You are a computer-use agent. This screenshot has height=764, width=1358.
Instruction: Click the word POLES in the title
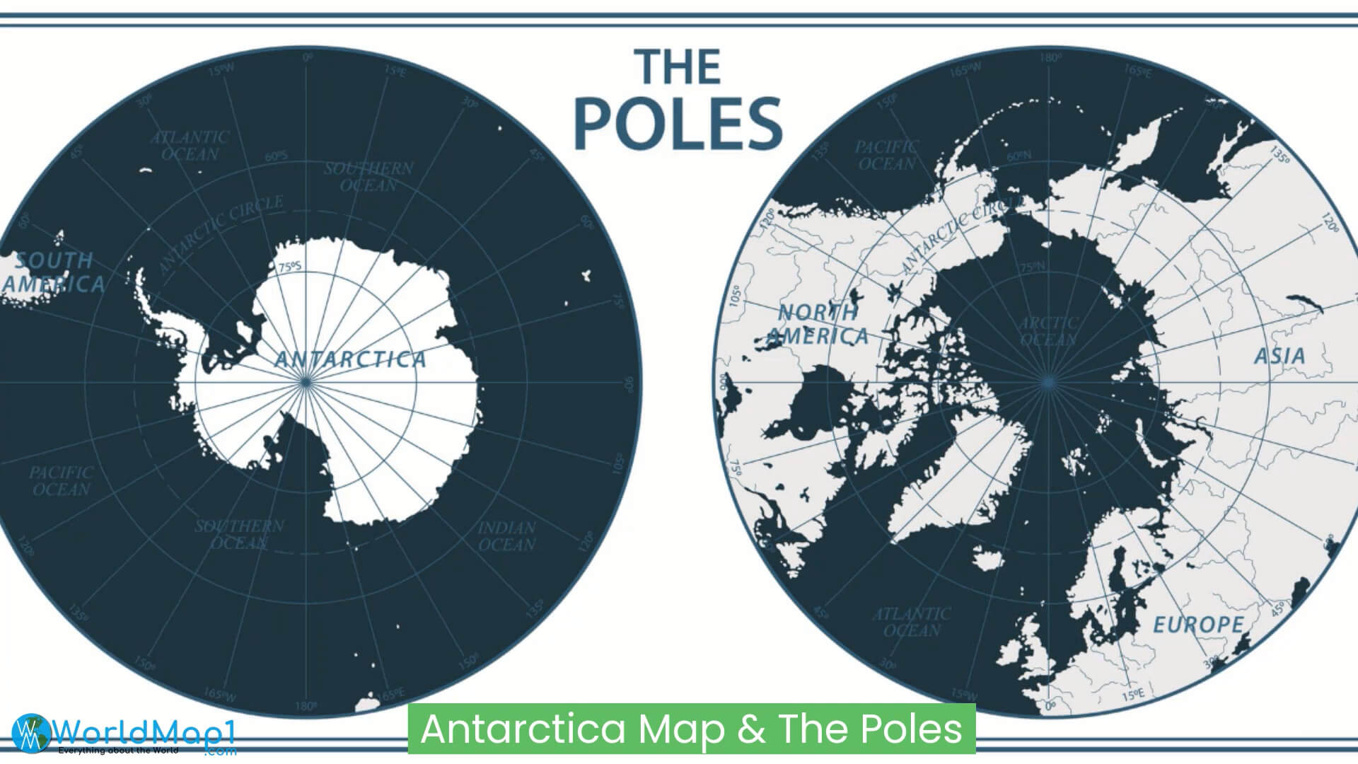[x=678, y=123]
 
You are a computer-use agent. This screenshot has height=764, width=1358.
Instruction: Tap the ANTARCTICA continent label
[x=350, y=359]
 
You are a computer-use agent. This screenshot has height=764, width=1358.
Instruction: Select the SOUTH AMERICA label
[x=54, y=272]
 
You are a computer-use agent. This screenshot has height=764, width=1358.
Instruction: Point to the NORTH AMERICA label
[x=818, y=325]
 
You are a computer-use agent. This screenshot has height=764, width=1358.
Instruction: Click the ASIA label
[x=1279, y=356]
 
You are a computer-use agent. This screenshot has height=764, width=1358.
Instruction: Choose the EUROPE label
[x=1198, y=625]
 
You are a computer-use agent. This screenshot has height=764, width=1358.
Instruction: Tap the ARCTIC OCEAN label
[x=1048, y=332]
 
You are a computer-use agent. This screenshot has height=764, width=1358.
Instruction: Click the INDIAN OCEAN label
[x=506, y=536]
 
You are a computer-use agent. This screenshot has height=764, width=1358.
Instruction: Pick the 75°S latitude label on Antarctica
[x=289, y=268]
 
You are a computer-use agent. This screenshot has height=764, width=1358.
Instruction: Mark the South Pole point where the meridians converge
[x=306, y=382]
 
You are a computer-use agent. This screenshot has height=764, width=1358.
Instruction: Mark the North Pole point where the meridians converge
[x=1047, y=382]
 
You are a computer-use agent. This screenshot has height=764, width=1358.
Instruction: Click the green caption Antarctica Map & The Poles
[x=691, y=729]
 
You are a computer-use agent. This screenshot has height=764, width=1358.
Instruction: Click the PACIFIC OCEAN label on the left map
[x=62, y=480]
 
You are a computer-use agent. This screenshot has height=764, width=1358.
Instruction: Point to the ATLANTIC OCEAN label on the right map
[x=912, y=622]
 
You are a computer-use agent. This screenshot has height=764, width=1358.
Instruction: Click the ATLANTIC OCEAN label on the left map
[x=190, y=145]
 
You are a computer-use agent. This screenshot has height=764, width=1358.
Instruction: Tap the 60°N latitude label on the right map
[x=1019, y=156]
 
